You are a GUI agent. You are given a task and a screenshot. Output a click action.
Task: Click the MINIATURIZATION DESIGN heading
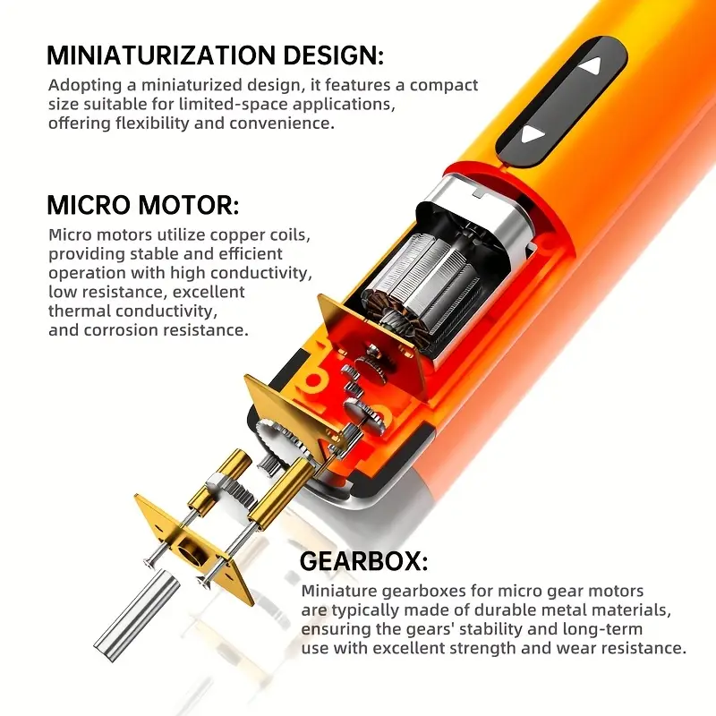click(x=215, y=55)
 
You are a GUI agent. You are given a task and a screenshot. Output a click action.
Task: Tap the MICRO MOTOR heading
click(x=143, y=206)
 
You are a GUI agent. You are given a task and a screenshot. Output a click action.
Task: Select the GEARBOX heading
click(x=363, y=562)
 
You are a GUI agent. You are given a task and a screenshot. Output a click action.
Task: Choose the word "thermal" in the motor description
click(x=76, y=311)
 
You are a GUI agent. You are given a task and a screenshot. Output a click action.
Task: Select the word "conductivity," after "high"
click(x=261, y=274)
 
